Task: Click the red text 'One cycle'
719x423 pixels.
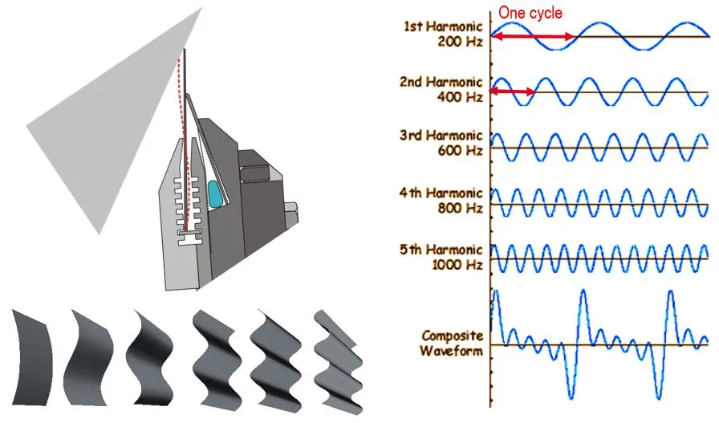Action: [x=530, y=13]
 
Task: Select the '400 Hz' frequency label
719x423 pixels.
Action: [x=460, y=97]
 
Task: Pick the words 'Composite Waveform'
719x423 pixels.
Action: [x=451, y=344]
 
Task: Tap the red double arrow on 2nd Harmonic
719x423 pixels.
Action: [x=512, y=92]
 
